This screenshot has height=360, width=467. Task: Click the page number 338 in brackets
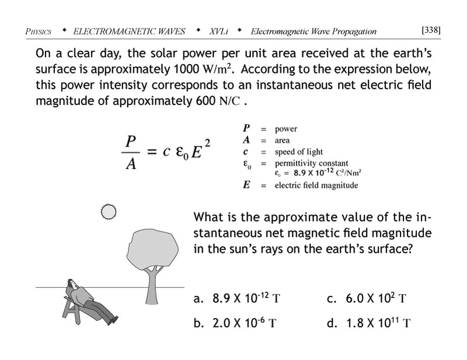(x=430, y=30)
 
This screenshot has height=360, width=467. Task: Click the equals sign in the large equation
(x=151, y=153)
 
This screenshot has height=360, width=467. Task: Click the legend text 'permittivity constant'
(x=311, y=163)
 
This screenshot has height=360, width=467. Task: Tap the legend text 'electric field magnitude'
(x=316, y=186)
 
